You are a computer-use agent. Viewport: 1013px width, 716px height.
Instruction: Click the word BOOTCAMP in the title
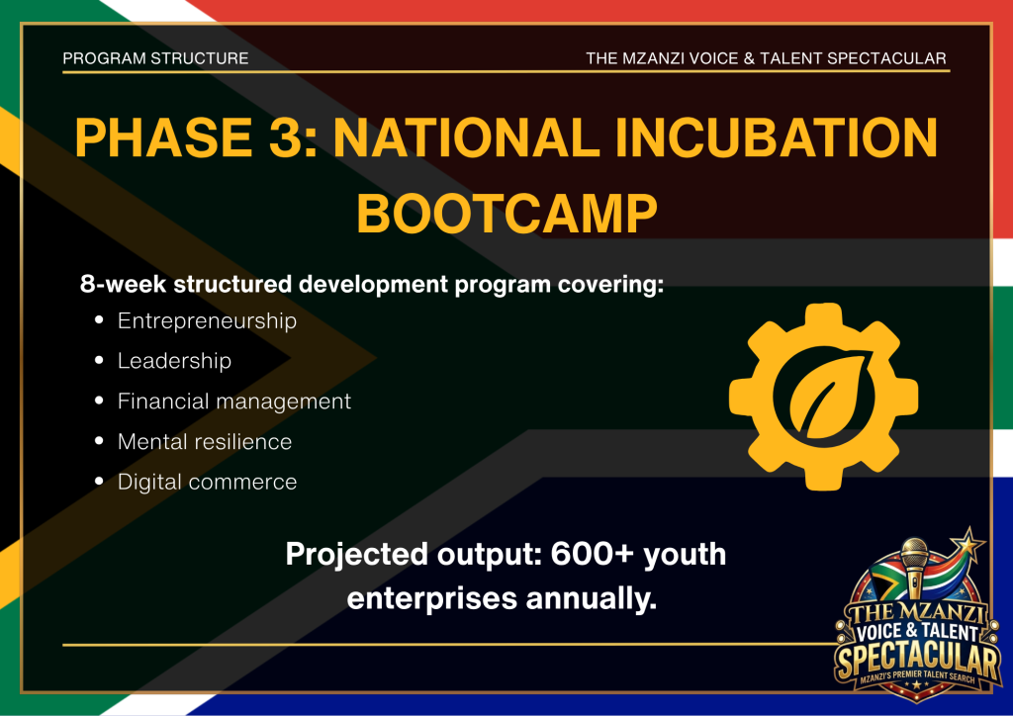[506, 214]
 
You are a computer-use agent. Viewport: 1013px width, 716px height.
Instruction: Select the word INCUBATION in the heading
[776, 137]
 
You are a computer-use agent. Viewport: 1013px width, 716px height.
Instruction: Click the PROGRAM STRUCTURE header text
[155, 58]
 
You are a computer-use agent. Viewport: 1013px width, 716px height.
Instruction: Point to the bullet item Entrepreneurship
[207, 320]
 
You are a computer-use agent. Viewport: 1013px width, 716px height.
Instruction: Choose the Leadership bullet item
[174, 361]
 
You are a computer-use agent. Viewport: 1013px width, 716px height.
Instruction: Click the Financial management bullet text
[233, 401]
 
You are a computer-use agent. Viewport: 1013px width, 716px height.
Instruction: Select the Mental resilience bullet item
[205, 442]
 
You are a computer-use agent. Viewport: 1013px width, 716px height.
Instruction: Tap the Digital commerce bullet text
[207, 482]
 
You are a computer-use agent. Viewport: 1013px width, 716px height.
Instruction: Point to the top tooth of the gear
[824, 315]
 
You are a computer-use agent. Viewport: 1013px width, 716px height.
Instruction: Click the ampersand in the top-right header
[750, 58]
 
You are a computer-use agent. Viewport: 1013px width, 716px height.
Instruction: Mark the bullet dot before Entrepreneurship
[99, 320]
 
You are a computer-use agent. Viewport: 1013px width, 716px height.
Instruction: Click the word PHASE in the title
[163, 137]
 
